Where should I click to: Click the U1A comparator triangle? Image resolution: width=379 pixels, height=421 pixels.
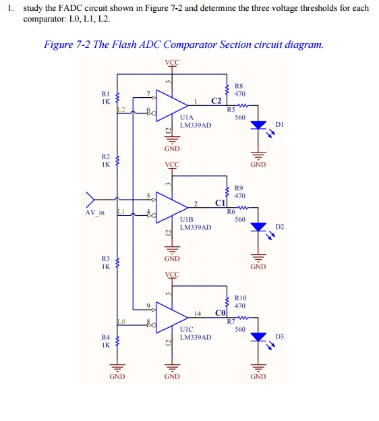pyautogui.click(x=171, y=103)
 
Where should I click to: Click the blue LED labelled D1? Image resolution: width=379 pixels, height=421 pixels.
pyautogui.click(x=258, y=125)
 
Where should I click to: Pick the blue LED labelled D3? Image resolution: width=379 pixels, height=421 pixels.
pyautogui.click(x=258, y=337)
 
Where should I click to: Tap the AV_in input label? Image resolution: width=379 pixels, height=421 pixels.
pyautogui.click(x=95, y=213)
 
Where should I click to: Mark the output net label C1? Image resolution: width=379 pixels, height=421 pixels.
pyautogui.click(x=220, y=204)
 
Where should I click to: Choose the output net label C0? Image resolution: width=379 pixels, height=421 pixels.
pyautogui.click(x=220, y=314)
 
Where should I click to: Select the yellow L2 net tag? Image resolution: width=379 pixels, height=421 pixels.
pyautogui.click(x=121, y=109)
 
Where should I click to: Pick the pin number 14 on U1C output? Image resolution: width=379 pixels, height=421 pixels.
pyautogui.click(x=197, y=314)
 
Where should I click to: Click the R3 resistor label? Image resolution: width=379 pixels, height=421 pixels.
pyautogui.click(x=105, y=262)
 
